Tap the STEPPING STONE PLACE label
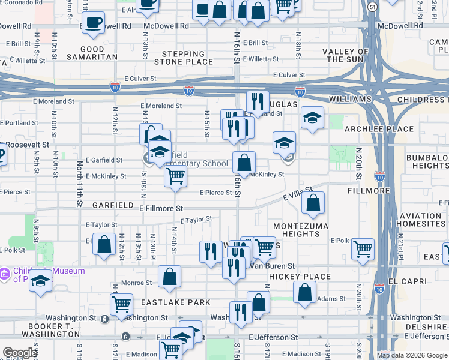(184, 57)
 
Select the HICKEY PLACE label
(300, 277)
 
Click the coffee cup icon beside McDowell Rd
(93, 23)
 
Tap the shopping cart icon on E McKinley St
(175, 176)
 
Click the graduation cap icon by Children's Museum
(40, 281)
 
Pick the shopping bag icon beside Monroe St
(170, 277)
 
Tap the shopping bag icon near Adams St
(304, 292)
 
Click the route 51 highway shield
(373, 7)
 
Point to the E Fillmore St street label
(161, 208)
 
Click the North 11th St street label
(79, 183)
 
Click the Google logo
(20, 353)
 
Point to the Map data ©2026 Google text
(412, 355)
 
